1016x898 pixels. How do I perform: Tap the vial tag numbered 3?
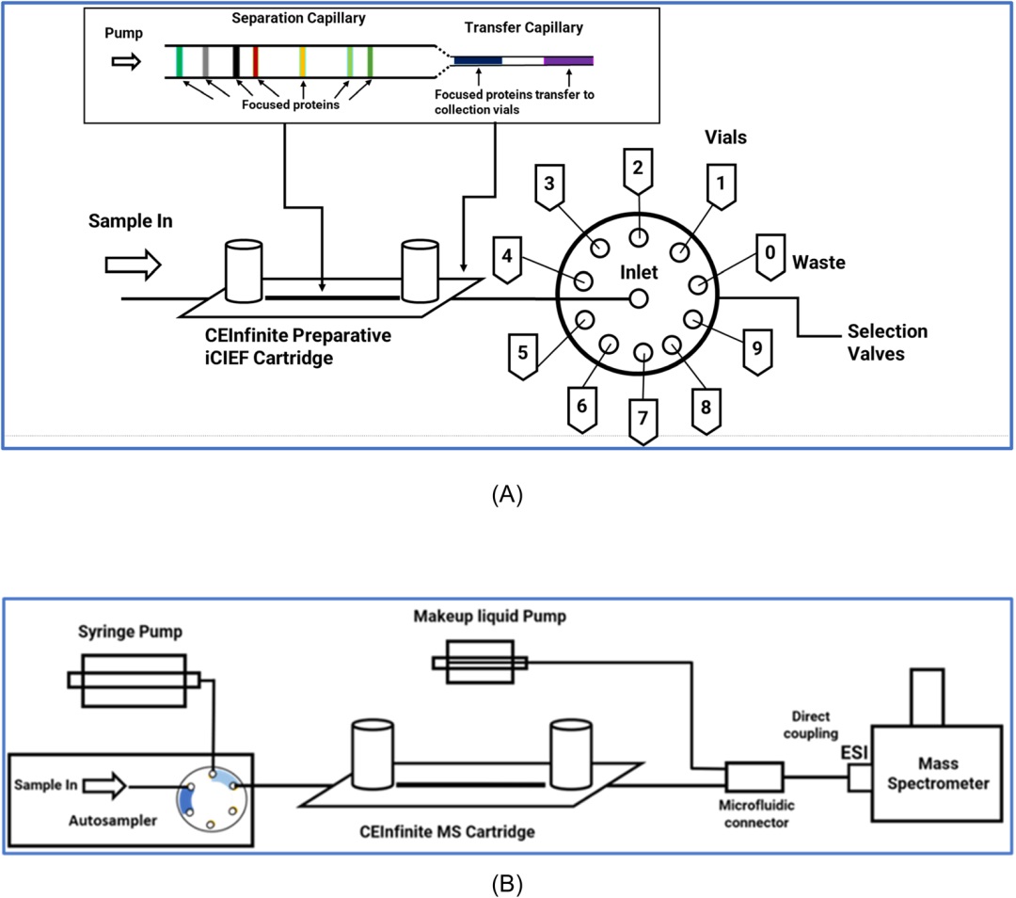tap(551, 185)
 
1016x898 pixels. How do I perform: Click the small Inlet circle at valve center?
tap(639, 298)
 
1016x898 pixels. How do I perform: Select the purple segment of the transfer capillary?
tap(568, 60)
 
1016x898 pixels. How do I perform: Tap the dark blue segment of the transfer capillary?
tap(478, 60)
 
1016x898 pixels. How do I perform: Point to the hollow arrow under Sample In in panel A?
tap(132, 266)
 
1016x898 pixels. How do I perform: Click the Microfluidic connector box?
tap(754, 778)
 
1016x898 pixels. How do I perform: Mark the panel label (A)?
tap(507, 495)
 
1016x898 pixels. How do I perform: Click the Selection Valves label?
tap(886, 341)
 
